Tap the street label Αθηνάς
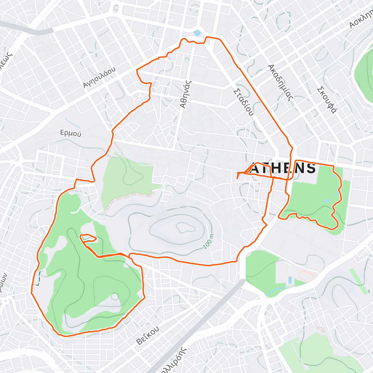tap(186, 94)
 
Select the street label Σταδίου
tap(243, 102)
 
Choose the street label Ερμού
tap(71, 133)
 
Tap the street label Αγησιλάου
tap(99, 77)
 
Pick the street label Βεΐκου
tap(148, 335)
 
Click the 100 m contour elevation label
tap(209, 242)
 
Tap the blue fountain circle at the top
tap(197, 33)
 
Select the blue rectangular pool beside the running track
tap(290, 280)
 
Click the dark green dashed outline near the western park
tap(38, 279)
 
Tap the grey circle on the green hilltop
tap(115, 297)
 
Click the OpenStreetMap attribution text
tap(62, 369)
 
